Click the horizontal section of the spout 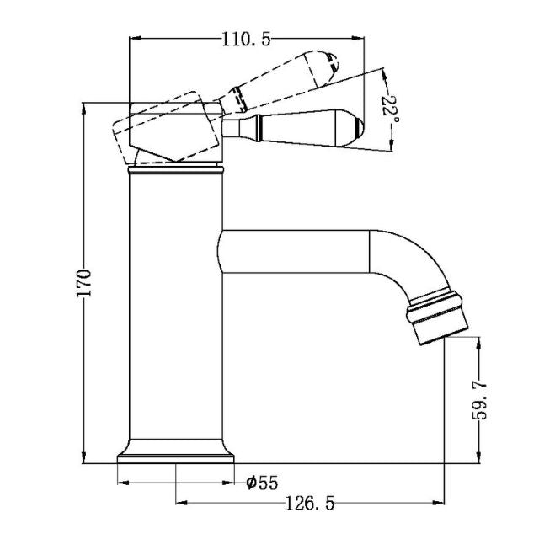point(295,252)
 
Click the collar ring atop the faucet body point(175,169)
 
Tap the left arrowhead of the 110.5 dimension point(133,39)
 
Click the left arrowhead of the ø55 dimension point(120,483)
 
